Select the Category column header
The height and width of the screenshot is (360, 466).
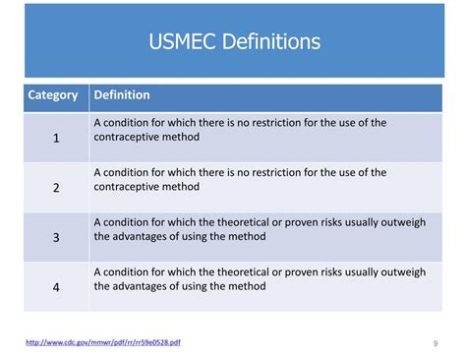[54, 95]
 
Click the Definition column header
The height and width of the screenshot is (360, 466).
[122, 95]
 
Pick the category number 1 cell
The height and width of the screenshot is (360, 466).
[56, 139]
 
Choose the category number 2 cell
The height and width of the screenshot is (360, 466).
[56, 188]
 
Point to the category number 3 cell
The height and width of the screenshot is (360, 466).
[56, 237]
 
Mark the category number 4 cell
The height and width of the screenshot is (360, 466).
[56, 287]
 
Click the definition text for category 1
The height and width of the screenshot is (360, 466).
[240, 130]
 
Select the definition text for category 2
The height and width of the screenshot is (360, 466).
[240, 179]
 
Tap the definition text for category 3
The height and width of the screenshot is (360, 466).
[260, 229]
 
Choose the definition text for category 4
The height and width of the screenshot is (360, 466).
[260, 279]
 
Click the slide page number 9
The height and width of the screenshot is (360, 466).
[435, 343]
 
